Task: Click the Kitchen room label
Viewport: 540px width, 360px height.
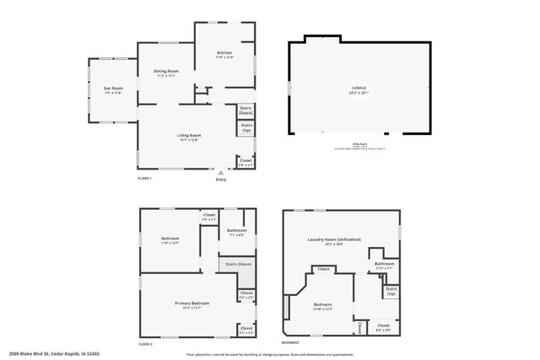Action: [x=224, y=52]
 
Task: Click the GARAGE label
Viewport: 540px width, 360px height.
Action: [x=359, y=88]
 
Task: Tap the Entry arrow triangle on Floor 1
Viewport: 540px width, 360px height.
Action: [x=221, y=173]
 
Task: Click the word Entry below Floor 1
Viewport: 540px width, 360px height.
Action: [x=221, y=180]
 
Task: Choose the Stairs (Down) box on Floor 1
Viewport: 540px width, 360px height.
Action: [x=246, y=110]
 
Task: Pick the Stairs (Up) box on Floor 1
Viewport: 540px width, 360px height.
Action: [x=246, y=128]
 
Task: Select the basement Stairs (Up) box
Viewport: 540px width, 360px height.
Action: [x=391, y=291]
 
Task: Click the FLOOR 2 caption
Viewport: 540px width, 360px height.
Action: [x=145, y=344]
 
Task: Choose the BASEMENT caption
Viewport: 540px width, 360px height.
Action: [x=290, y=343]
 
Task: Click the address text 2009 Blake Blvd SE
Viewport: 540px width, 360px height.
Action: [x=40, y=354]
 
